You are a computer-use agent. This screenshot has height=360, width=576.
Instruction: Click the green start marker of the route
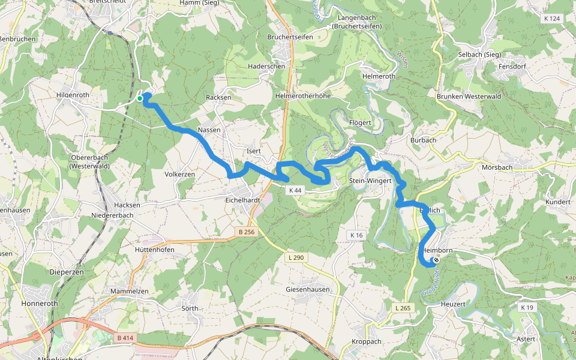(x=140, y=98)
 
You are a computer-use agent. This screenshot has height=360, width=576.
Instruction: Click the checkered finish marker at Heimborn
(x=436, y=260)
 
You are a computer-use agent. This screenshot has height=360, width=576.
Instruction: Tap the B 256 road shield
(x=245, y=232)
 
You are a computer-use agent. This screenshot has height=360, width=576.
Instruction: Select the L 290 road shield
(x=295, y=257)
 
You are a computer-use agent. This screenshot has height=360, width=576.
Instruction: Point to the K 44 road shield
(x=294, y=190)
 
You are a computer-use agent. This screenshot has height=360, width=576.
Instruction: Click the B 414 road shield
(x=125, y=338)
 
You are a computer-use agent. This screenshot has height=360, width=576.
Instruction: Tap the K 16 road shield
(x=357, y=235)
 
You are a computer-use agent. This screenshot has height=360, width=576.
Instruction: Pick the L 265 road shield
(x=403, y=308)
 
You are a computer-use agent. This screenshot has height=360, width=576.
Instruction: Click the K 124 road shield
(x=551, y=19)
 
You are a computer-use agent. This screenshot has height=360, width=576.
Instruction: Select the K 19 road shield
(x=527, y=308)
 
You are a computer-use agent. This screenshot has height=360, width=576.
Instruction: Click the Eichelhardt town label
(x=242, y=200)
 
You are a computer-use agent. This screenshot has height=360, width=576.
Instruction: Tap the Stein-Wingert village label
(x=370, y=181)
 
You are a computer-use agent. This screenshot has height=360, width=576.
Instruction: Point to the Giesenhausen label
(x=308, y=289)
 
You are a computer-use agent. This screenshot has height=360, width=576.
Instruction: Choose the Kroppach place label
(x=366, y=341)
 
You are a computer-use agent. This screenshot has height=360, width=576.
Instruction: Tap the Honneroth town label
(x=40, y=304)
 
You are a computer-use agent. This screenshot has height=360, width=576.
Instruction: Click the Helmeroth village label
(x=379, y=77)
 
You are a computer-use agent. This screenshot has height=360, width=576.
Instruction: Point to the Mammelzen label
(x=129, y=291)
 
